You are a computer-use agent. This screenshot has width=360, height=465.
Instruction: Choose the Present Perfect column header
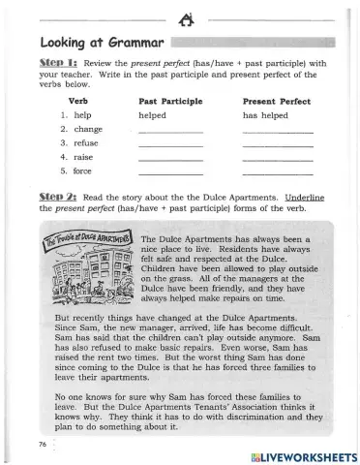[x=272, y=101]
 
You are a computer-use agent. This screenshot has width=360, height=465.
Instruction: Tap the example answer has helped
[x=264, y=114]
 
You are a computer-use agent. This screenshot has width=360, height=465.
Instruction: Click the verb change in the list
[x=88, y=129]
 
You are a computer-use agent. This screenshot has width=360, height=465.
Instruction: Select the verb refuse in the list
[x=87, y=142]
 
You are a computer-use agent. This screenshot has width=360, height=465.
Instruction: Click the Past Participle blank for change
[x=171, y=131]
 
